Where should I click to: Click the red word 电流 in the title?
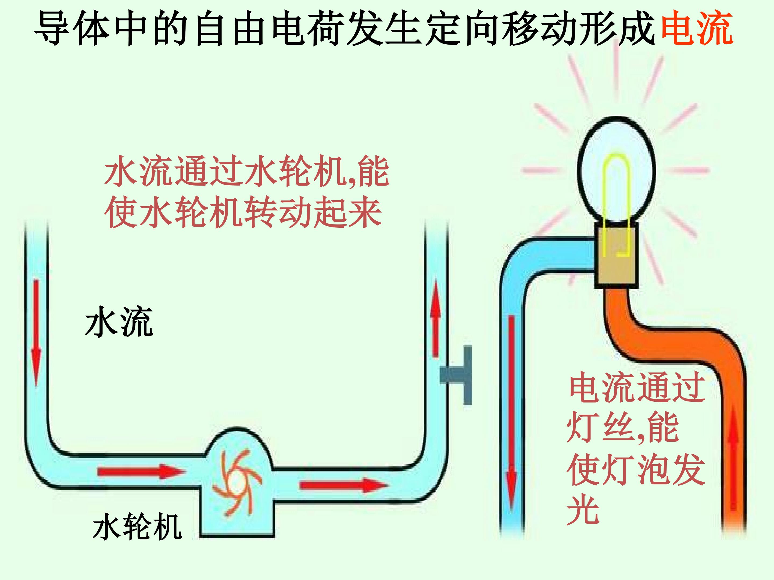(697, 28)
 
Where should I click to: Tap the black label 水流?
(119, 322)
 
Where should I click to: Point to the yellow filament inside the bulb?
(616, 189)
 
